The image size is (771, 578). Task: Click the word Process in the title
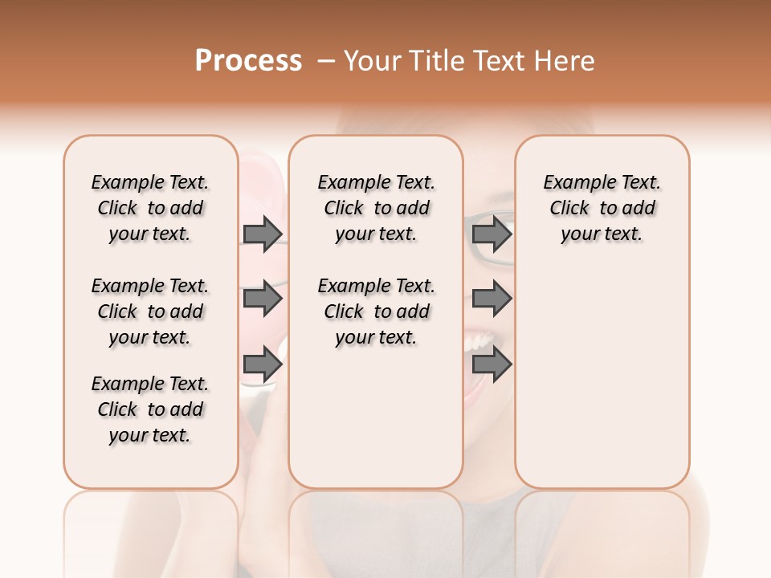coord(248,60)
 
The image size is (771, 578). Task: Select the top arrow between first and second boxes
coord(263,234)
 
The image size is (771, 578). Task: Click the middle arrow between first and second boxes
coord(263,299)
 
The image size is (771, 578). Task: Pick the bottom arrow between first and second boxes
coord(263,364)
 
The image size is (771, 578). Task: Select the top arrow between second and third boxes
coord(492,234)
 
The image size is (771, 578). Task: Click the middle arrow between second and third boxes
coord(492,299)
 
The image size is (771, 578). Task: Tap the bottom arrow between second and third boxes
coord(492,364)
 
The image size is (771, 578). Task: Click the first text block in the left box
coord(150,208)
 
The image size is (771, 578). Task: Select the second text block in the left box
coord(150,311)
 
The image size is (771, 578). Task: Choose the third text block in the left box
coord(150,409)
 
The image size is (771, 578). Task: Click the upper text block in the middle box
coord(376,208)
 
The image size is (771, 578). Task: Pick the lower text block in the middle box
coord(376,311)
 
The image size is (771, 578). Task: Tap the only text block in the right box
coord(602,208)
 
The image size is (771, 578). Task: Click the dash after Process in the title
coord(325,60)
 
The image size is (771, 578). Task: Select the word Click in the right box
coord(569,209)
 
